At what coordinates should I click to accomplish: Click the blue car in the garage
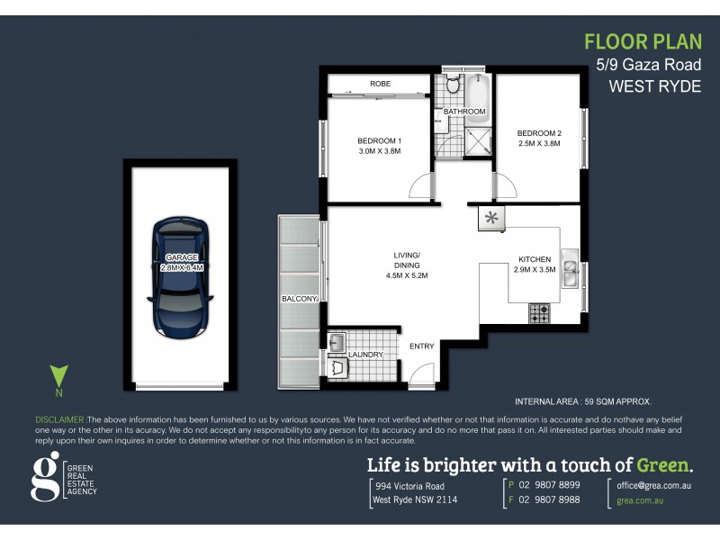pos(182,274)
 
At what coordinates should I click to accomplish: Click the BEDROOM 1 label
pos(379,140)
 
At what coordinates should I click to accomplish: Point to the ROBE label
pos(380,84)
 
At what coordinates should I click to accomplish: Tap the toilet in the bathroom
pos(452,86)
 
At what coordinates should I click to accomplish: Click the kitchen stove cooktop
pos(540,314)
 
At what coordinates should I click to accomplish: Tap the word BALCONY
pos(300,299)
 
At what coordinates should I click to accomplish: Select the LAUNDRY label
pos(365,355)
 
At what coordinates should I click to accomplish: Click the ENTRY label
pos(421,346)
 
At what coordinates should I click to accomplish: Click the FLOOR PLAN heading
pos(640,41)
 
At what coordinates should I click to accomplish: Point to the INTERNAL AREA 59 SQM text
pos(582,401)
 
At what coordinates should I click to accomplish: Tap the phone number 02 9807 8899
pos(551,484)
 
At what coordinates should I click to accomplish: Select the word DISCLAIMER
pos(59,420)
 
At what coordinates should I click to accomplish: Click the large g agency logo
pos(44,477)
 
